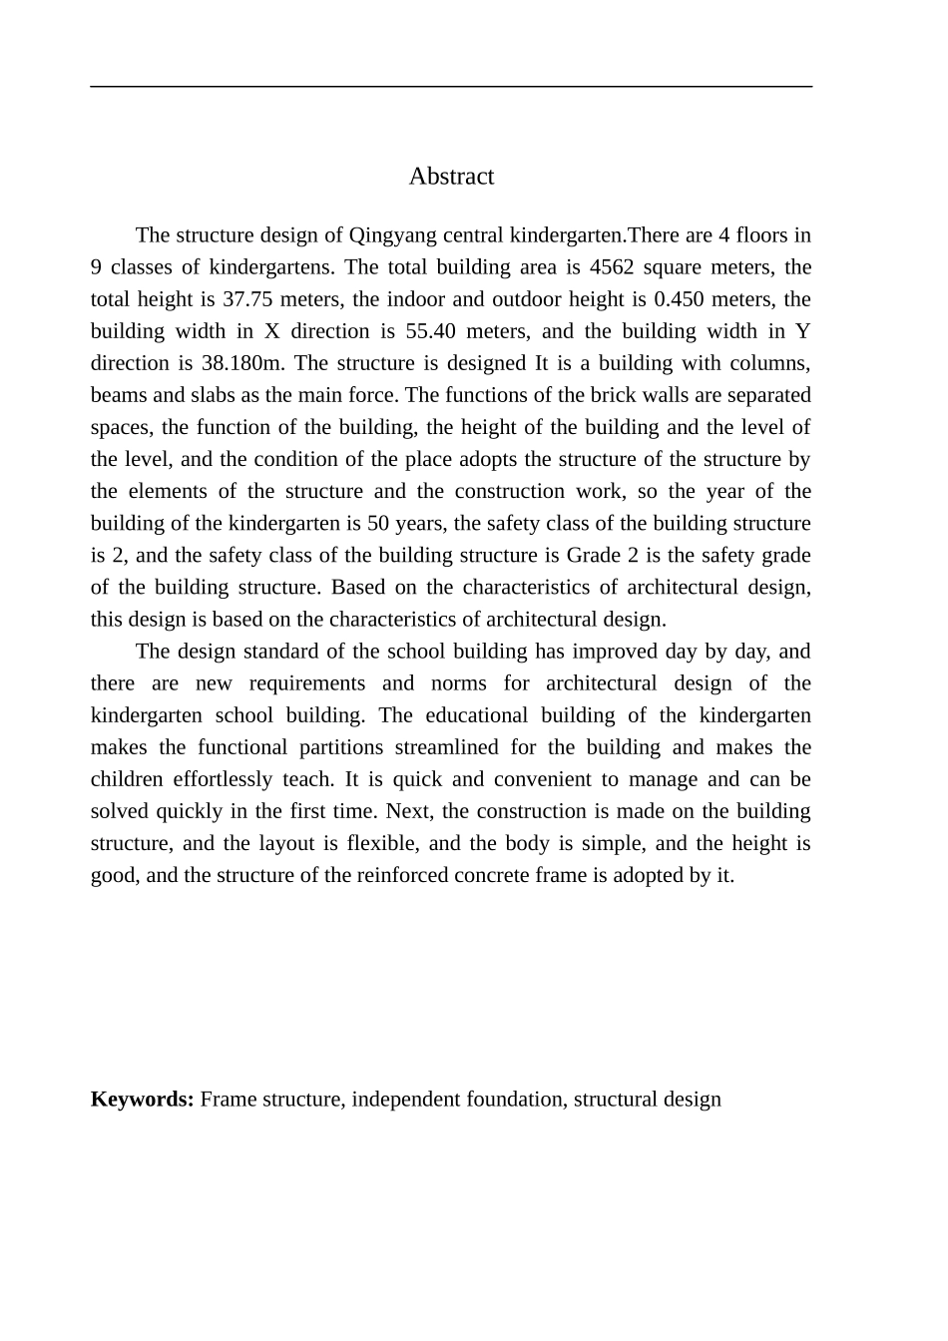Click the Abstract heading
tap(451, 177)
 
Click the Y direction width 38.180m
tap(244, 363)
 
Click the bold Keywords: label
tap(142, 1099)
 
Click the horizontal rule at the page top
tap(451, 87)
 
